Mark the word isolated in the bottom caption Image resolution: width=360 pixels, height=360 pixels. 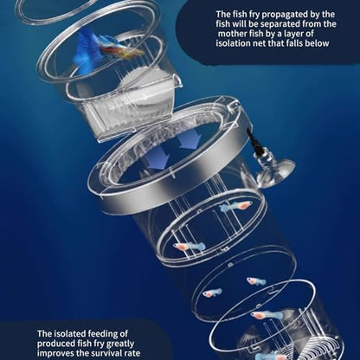click(x=69, y=334)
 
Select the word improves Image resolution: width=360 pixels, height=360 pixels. click(x=55, y=354)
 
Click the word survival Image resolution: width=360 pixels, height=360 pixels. click(x=107, y=353)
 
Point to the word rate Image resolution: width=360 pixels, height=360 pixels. click(x=133, y=354)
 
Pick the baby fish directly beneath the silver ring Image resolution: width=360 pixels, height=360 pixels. click(x=236, y=206)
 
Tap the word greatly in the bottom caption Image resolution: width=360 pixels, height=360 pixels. click(x=120, y=344)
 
